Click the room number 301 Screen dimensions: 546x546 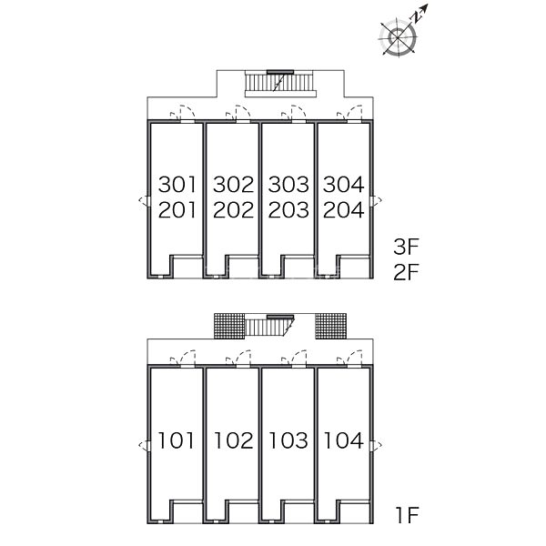177,184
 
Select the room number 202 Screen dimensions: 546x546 233,210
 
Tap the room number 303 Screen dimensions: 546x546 288,184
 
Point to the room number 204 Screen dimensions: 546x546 344,210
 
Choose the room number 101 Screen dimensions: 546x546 176,440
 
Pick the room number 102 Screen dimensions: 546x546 233,440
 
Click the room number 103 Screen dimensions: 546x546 288,440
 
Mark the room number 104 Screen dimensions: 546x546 344,440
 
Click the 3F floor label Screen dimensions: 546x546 406,247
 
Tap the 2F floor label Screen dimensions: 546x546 406,272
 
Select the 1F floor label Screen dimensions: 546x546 407,515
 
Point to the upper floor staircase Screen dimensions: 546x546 280,84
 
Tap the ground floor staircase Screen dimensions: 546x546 269,325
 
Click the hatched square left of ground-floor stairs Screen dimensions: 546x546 229,326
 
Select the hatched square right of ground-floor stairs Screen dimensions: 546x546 331,326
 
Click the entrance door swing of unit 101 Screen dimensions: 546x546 183,359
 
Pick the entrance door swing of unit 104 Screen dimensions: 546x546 349,359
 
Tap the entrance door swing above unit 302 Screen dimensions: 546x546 238,114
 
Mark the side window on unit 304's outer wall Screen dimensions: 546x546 376,201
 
